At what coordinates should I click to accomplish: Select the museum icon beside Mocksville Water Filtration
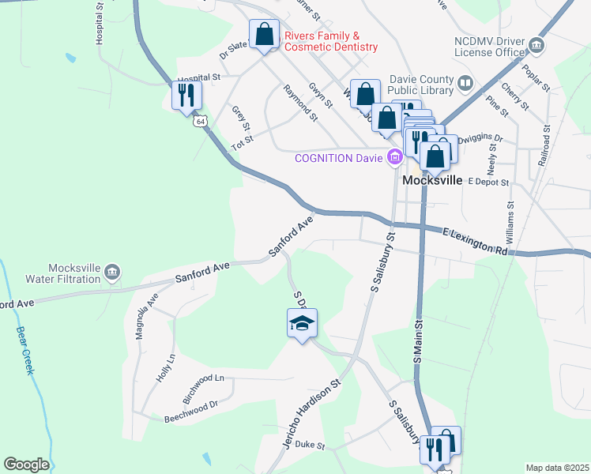click(112, 272)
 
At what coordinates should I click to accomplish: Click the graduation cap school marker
click(301, 324)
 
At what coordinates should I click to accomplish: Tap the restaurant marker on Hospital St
click(187, 96)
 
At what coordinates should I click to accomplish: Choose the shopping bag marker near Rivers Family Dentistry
click(264, 35)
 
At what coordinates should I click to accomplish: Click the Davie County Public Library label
click(422, 85)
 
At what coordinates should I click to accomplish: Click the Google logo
click(26, 465)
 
